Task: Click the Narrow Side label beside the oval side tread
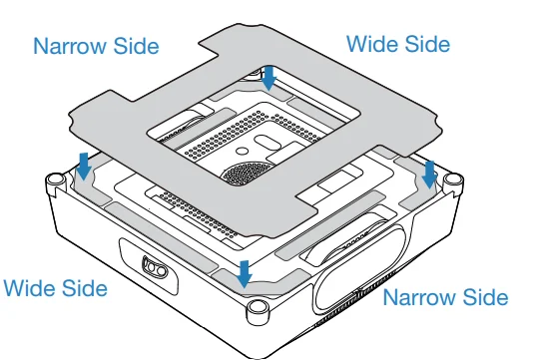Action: coord(445,297)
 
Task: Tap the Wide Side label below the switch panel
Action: coord(56,288)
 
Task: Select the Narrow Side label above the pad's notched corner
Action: coord(96,46)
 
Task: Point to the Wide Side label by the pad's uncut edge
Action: coord(398,44)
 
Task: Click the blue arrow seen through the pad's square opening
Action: coord(269,78)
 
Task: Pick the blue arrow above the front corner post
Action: coord(245,274)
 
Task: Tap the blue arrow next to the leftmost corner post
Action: coord(84,167)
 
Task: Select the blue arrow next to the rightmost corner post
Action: coord(429,175)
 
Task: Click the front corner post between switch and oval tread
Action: coord(258,311)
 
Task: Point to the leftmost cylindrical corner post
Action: coord(56,183)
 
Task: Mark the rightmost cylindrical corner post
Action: coord(453,183)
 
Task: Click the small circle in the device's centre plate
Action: coord(242,151)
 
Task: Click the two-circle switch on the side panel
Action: coord(155,267)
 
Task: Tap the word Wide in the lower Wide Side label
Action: coord(29,288)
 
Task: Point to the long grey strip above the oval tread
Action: coord(330,225)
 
